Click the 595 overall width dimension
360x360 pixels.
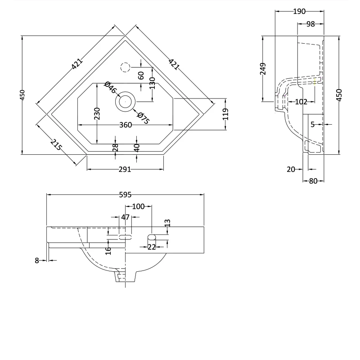pos(125,195)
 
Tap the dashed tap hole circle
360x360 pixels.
pos(125,68)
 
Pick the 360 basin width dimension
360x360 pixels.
pos(126,125)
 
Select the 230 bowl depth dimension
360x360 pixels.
pos(97,113)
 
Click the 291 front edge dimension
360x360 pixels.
pos(125,169)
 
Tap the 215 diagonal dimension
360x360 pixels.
pos(56,145)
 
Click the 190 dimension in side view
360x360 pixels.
pos(299,11)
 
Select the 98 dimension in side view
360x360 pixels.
pos(310,24)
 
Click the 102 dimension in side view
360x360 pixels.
pos(301,102)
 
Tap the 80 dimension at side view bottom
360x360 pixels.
pos(313,181)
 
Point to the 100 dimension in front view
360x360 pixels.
pos(139,207)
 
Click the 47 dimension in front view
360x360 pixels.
pos(125,217)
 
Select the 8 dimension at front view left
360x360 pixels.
pos(37,260)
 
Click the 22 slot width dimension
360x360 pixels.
pos(152,247)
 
